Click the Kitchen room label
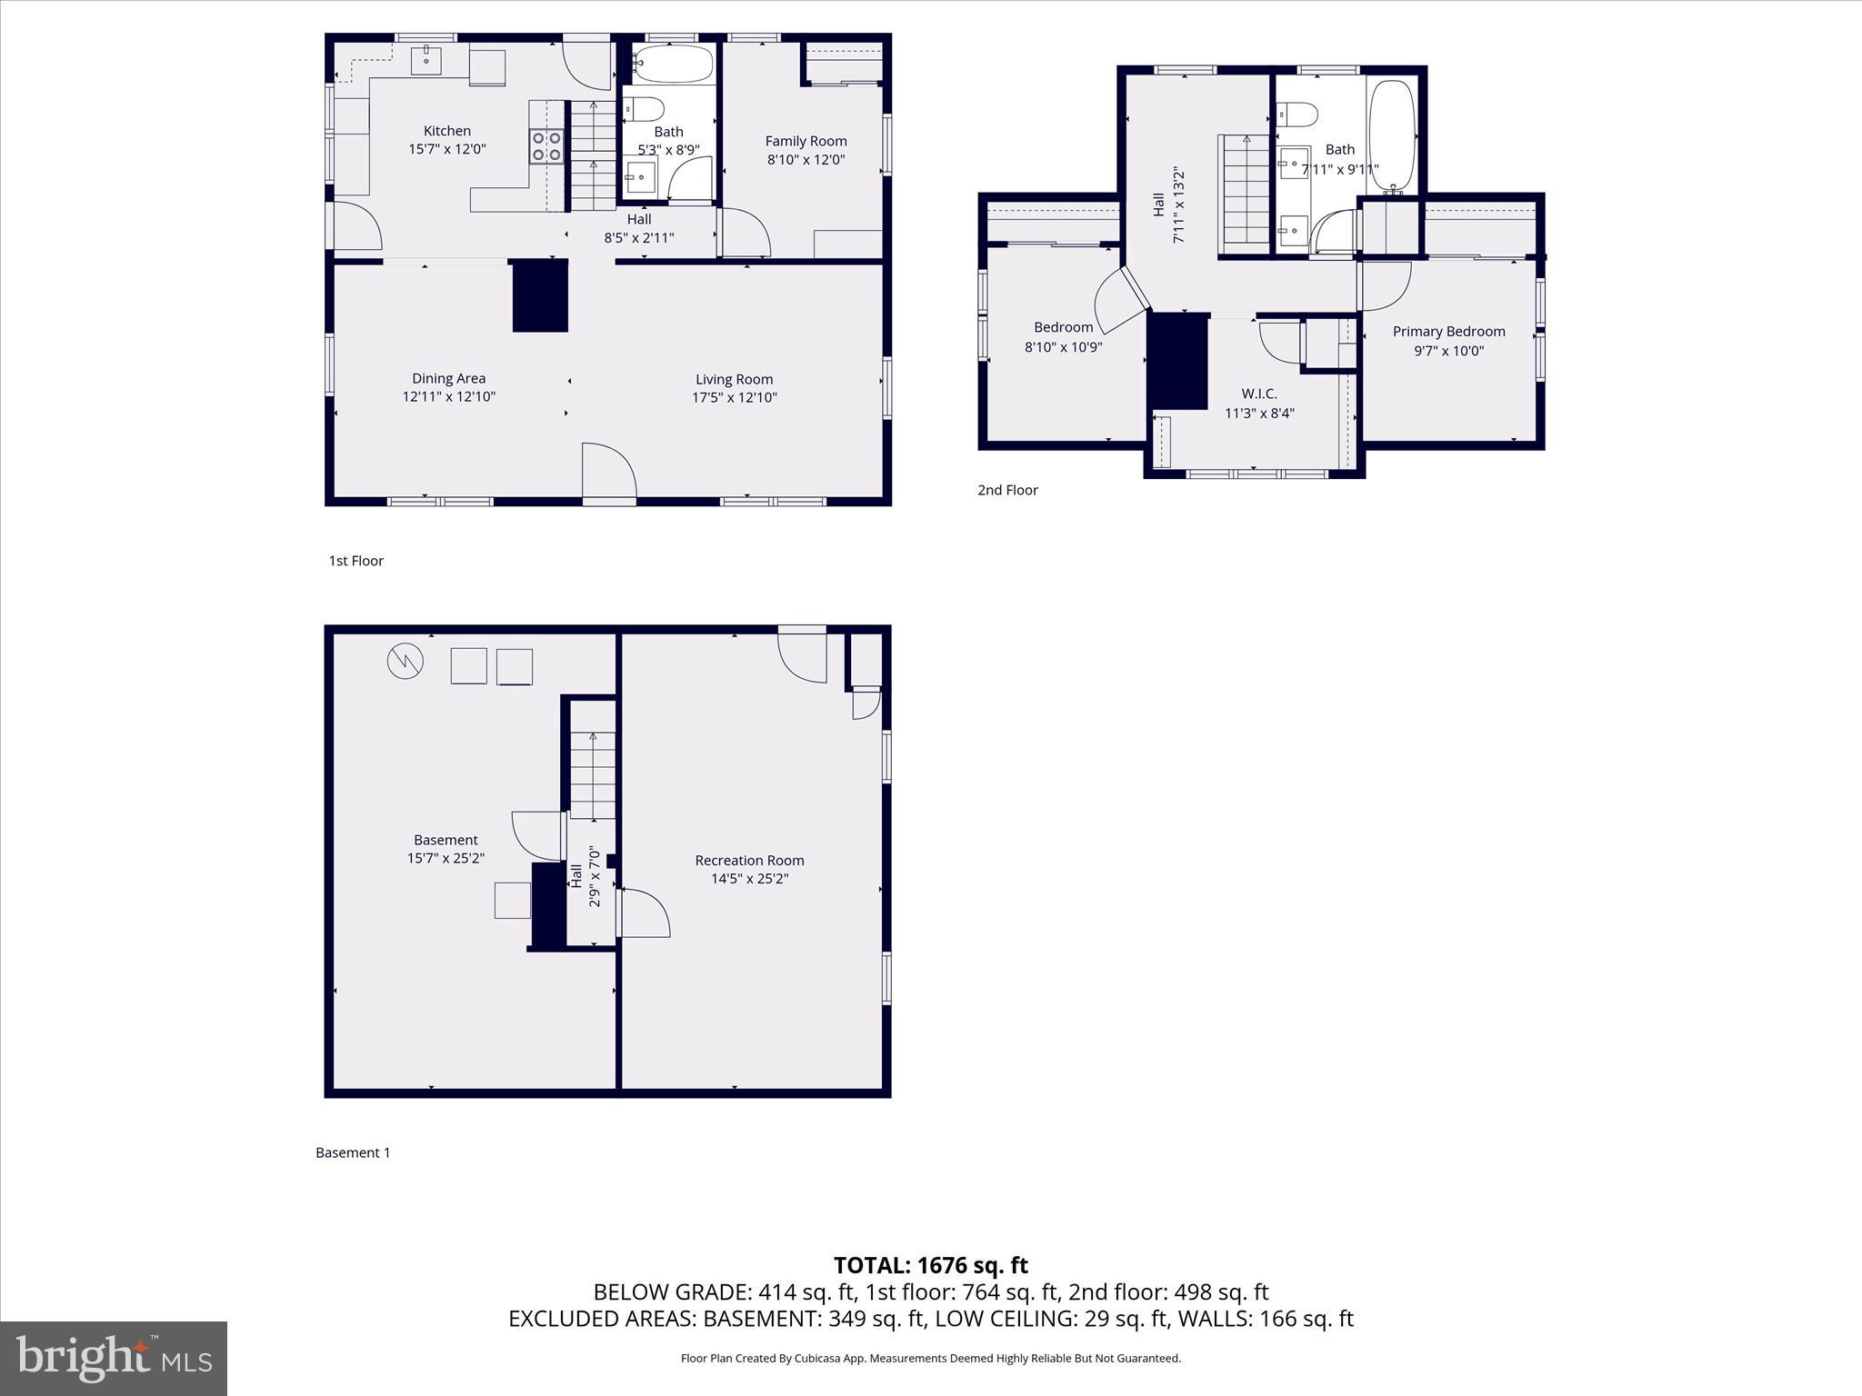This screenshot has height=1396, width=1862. pyautogui.click(x=446, y=131)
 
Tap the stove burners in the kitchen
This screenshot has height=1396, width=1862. pyautogui.click(x=546, y=146)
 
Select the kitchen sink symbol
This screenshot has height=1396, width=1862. pyautogui.click(x=425, y=60)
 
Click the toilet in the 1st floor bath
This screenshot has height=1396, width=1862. pyautogui.click(x=646, y=110)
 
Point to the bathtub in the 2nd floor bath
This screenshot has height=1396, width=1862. pyautogui.click(x=1391, y=136)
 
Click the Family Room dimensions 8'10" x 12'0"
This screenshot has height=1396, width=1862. pyautogui.click(x=806, y=159)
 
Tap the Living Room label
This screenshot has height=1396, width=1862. pyautogui.click(x=734, y=379)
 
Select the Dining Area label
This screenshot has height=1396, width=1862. pyautogui.click(x=448, y=378)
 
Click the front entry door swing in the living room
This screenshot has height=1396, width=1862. pyautogui.click(x=609, y=471)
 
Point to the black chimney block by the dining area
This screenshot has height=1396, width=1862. pyautogui.click(x=540, y=295)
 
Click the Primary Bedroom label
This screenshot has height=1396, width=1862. pyautogui.click(x=1448, y=332)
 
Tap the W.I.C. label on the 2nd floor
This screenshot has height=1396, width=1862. pyautogui.click(x=1259, y=394)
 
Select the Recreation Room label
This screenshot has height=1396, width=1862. pyautogui.click(x=749, y=860)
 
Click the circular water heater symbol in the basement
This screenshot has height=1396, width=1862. pyautogui.click(x=405, y=661)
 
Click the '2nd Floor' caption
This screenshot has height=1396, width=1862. pyautogui.click(x=1007, y=490)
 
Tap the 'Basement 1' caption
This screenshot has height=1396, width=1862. pyautogui.click(x=353, y=1152)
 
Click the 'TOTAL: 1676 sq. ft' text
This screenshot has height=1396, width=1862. pyautogui.click(x=930, y=1265)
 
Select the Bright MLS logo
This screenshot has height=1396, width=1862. pyautogui.click(x=114, y=1358)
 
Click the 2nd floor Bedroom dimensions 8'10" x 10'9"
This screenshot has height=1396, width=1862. pyautogui.click(x=1063, y=346)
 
